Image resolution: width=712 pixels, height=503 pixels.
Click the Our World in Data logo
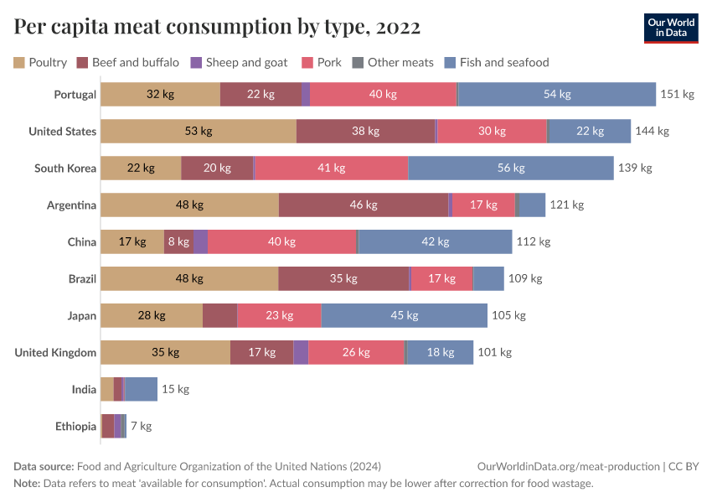[672, 28]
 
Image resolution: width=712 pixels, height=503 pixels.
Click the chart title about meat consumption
[217, 28]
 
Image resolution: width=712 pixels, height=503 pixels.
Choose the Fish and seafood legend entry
[496, 62]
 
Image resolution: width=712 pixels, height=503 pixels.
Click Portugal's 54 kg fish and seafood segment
[557, 94]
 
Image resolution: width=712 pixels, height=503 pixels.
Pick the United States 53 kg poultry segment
[199, 131]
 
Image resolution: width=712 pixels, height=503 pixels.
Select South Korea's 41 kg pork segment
[331, 168]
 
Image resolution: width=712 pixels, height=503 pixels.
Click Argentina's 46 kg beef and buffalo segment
[363, 205]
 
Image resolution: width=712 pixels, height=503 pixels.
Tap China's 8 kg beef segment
[178, 241]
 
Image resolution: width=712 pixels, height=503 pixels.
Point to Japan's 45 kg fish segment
[404, 315]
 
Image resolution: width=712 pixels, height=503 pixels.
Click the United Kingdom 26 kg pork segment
[356, 352]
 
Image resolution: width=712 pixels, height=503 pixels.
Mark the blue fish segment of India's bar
[142, 389]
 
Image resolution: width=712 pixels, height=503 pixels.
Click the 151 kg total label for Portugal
[677, 94]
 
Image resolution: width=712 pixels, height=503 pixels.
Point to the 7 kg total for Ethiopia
[141, 426]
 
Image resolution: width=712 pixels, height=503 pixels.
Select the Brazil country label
[82, 278]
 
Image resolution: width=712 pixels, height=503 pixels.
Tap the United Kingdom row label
[55, 352]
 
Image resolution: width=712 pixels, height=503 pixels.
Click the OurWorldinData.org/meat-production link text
[567, 466]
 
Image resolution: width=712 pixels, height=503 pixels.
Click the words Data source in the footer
[44, 466]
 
